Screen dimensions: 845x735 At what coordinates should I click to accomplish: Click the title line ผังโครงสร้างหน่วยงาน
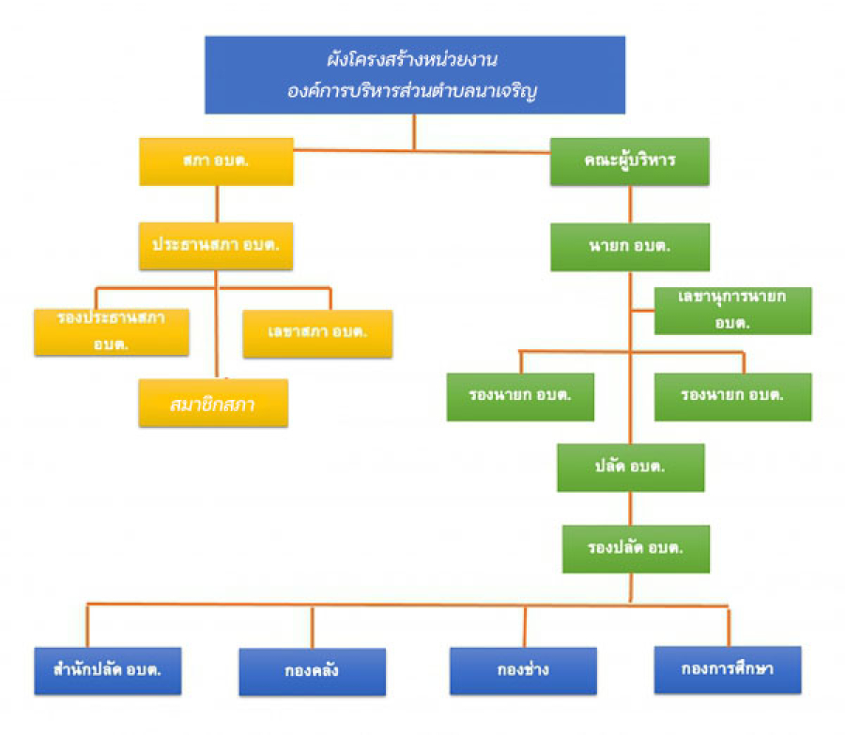coord(412,59)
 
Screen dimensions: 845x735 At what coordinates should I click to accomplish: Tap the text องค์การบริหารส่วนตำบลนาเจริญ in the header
coord(412,90)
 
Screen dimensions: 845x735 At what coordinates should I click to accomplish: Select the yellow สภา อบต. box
coord(216,161)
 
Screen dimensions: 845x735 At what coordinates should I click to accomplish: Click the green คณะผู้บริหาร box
coord(629,161)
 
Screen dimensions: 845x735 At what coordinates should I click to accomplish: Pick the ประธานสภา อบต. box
coord(216,246)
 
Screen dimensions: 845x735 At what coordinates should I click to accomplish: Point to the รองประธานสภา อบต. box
coord(112,332)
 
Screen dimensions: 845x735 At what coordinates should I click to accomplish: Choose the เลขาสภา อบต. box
coord(317,333)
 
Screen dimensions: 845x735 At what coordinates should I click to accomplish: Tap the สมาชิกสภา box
coord(213,403)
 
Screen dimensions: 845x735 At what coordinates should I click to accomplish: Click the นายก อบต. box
coord(630,247)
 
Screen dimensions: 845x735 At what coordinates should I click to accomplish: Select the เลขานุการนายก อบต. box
coord(733,311)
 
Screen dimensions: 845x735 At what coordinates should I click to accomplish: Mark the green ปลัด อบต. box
coord(631,467)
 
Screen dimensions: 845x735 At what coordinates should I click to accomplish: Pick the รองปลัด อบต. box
coord(636,549)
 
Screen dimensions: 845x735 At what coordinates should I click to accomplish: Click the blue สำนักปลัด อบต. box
coord(108,671)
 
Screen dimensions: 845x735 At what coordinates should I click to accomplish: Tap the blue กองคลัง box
coord(313,672)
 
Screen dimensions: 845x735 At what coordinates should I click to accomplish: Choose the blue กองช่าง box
coord(523,671)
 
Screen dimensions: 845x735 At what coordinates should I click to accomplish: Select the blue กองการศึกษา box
coord(728,670)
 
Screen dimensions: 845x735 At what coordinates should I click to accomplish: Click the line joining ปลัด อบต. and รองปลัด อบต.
coord(631,509)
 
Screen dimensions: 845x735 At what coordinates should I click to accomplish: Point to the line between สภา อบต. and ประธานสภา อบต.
coord(217,205)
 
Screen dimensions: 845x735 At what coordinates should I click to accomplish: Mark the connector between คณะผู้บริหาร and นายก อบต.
coord(630,205)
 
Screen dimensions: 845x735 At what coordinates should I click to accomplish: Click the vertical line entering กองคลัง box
coord(312,627)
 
